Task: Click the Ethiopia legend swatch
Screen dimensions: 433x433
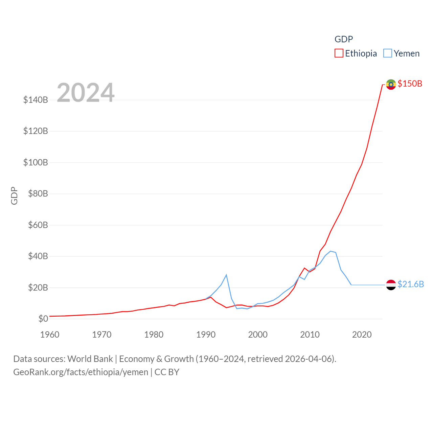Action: [339, 53]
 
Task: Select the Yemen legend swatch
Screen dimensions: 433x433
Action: [388, 53]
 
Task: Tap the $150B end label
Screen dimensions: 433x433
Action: [410, 84]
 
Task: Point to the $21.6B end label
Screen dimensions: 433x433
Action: [411, 284]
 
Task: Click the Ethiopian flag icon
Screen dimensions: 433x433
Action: [391, 84]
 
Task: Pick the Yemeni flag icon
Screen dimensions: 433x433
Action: [391, 285]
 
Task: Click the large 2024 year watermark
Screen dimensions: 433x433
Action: [86, 92]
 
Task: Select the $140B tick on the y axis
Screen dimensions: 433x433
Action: [36, 100]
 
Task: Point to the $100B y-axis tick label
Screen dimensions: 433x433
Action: [36, 162]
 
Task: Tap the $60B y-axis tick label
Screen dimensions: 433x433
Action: [38, 225]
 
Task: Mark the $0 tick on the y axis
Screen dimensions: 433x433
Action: [43, 319]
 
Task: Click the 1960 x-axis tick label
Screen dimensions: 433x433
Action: [50, 335]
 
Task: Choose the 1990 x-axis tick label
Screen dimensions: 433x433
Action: [206, 335]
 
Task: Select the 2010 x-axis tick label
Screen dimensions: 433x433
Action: [310, 335]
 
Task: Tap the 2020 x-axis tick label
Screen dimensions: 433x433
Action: [362, 335]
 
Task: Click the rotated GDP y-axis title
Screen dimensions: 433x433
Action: [14, 196]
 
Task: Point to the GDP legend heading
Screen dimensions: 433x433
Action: [344, 39]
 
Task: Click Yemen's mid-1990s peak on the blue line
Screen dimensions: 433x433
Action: [226, 275]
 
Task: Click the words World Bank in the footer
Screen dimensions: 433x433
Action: [90, 359]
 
